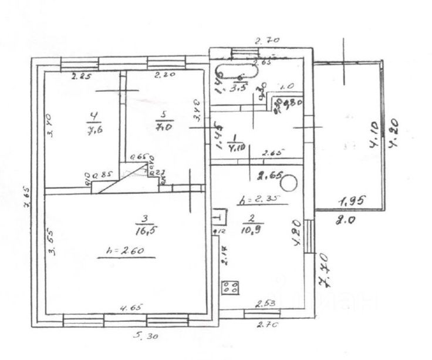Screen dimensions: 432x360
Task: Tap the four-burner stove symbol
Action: pos(230,288)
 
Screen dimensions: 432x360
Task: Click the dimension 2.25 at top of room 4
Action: pos(82,76)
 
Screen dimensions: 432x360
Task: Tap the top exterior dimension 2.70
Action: pos(267,41)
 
